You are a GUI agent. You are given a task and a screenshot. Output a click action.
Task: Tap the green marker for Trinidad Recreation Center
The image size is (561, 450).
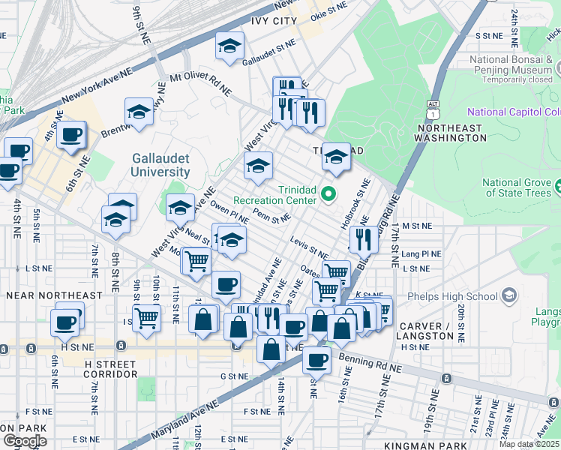pos(328,196)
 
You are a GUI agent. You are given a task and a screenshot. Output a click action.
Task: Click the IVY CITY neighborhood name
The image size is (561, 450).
pos(274,21)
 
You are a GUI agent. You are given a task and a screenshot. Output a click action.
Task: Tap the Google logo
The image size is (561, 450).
pos(25,441)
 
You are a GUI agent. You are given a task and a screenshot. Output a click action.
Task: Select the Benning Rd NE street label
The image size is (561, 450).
pos(370,367)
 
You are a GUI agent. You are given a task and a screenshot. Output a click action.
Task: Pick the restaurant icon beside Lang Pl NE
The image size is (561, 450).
pos(364,238)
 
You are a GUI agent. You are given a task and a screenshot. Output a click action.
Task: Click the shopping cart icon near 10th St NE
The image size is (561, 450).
pos(147,316)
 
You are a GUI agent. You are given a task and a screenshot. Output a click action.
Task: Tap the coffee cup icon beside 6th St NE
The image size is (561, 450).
pos(71,135)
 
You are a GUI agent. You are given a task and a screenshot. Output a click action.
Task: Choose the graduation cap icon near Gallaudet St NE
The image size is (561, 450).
pos(229,46)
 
